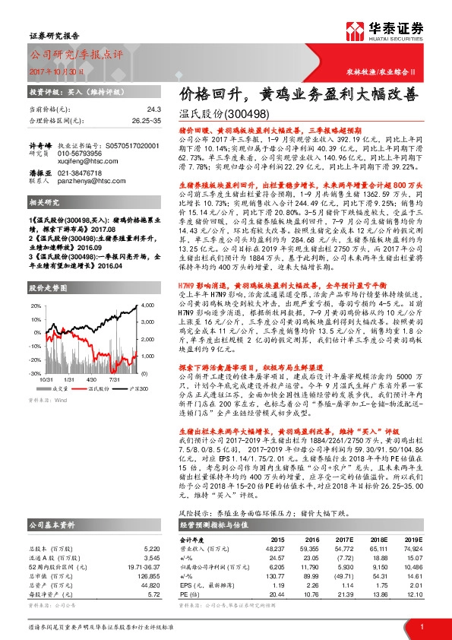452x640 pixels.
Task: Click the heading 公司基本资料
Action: click(52, 524)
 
